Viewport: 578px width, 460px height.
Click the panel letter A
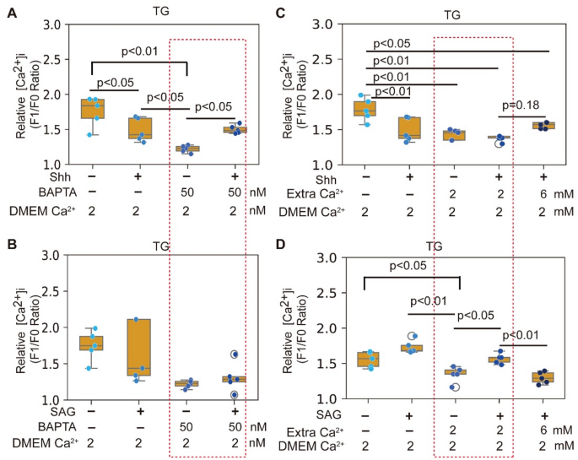(x=11, y=11)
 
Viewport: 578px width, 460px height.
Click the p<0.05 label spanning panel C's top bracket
(x=391, y=43)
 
